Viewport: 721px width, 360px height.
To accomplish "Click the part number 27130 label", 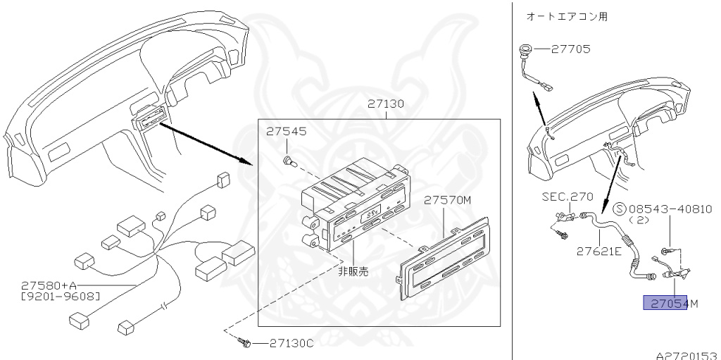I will [385, 104].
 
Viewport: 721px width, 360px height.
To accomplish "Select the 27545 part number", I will [286, 132].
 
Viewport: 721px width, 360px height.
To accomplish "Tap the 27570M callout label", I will [447, 200].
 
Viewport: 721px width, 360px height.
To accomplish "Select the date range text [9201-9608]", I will [59, 296].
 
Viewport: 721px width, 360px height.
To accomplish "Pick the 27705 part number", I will [571, 49].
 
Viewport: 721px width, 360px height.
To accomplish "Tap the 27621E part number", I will [598, 250].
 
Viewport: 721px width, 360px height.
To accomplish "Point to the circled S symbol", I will [620, 209].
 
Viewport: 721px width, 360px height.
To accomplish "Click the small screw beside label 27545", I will [288, 162].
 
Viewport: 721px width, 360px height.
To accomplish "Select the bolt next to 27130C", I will [244, 343].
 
